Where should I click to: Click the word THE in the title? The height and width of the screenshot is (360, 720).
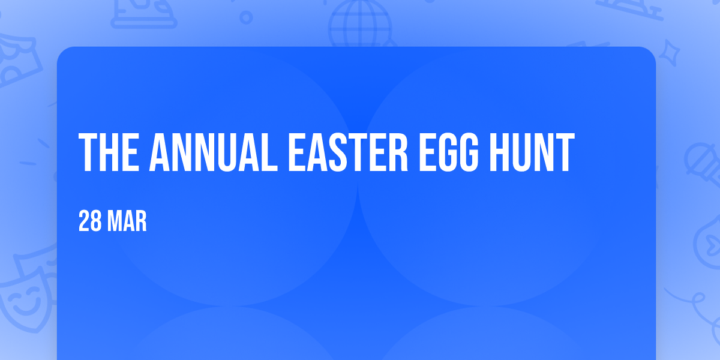point(109,152)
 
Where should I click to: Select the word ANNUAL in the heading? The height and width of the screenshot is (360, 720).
point(214,152)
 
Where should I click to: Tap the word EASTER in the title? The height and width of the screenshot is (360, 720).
point(348,152)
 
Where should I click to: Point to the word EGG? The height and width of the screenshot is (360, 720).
point(449,152)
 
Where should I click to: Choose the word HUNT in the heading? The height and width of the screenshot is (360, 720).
point(532,152)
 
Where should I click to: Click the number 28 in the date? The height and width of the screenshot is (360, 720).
point(90,221)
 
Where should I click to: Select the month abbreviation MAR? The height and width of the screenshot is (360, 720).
point(127,221)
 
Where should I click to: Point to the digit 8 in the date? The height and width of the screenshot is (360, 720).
point(96,221)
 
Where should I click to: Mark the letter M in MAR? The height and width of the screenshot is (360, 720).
point(114,221)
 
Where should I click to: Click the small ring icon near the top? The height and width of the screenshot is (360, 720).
point(246,17)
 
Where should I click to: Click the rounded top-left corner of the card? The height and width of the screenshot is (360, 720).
point(62,52)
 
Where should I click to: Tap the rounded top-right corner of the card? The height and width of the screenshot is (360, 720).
point(651,52)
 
